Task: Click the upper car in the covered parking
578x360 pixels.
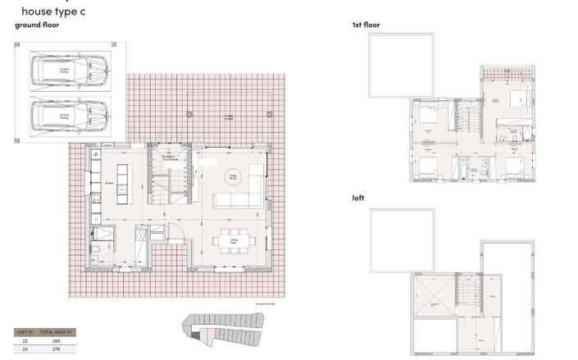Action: [69, 69]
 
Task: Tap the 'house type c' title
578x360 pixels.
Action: [53, 11]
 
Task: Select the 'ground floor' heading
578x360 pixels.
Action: [37, 25]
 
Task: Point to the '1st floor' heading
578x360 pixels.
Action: [366, 25]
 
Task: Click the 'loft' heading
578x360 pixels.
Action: [358, 198]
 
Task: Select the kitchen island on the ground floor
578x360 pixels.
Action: [123, 182]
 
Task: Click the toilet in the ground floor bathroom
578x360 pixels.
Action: [96, 251]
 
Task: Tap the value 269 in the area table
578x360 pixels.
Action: [55, 339]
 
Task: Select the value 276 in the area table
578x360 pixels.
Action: [55, 349]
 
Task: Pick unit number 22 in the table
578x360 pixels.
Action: [25, 339]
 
